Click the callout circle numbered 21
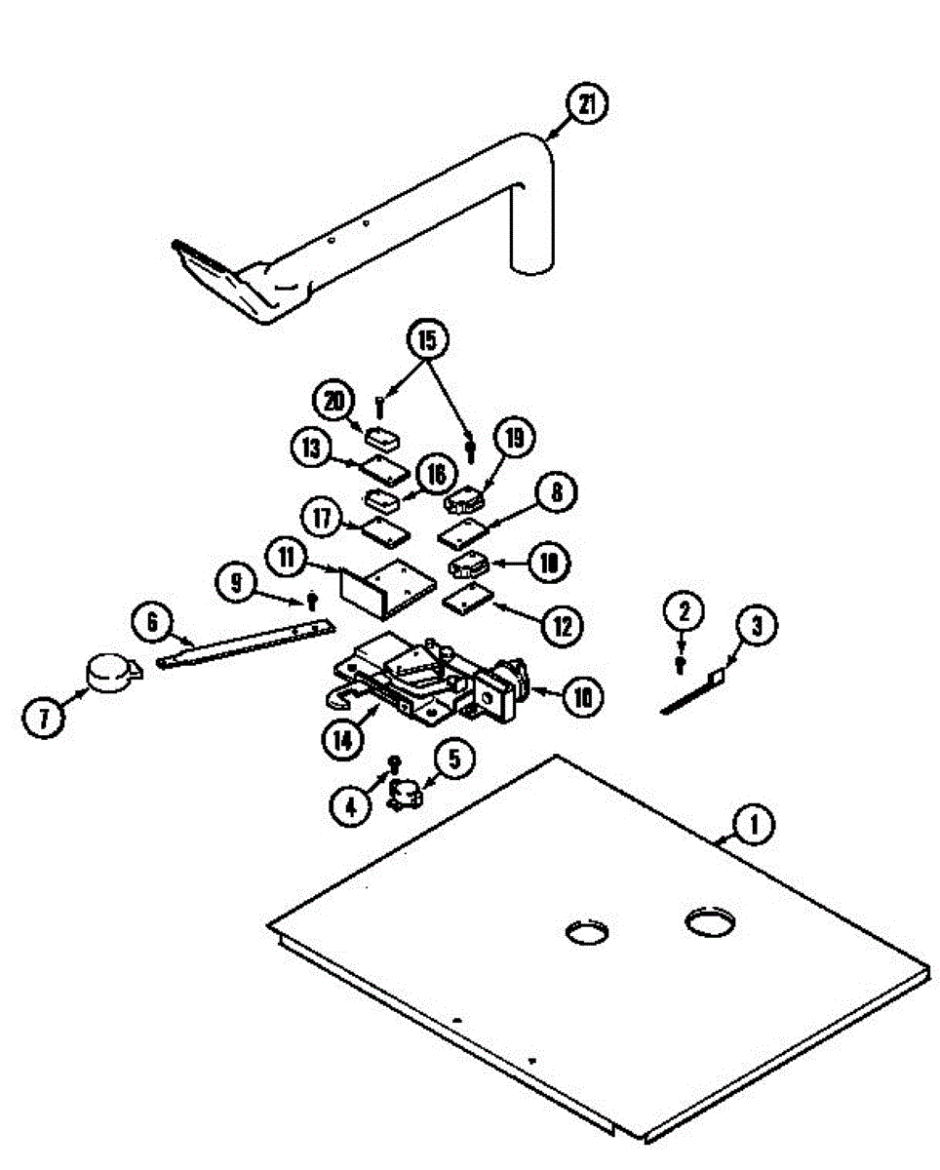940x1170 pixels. pos(585,105)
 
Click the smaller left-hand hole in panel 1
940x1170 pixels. pos(586,932)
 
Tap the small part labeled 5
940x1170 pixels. pos(403,795)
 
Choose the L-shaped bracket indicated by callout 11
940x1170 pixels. pos(385,585)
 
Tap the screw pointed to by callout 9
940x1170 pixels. pos(312,598)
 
